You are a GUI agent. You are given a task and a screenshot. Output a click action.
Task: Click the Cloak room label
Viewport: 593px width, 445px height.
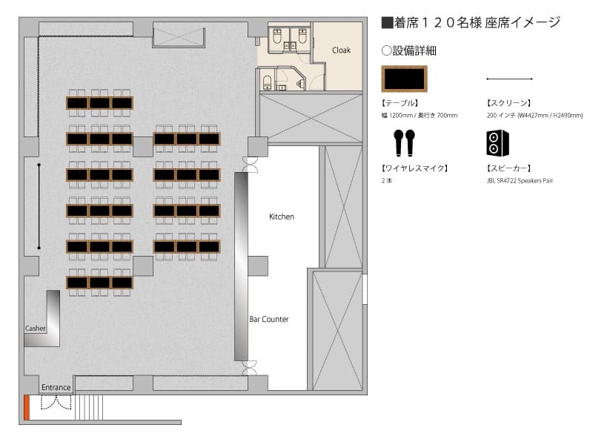click(x=341, y=50)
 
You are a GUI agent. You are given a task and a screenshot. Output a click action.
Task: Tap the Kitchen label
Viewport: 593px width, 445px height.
click(x=282, y=217)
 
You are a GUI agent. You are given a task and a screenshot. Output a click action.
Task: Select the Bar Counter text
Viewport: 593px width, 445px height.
click(x=269, y=319)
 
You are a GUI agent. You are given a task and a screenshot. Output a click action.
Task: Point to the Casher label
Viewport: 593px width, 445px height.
click(x=35, y=329)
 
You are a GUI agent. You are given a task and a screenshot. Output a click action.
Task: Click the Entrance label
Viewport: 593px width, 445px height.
click(x=56, y=387)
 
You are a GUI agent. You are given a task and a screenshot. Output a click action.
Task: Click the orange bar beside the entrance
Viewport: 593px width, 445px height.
click(x=27, y=407)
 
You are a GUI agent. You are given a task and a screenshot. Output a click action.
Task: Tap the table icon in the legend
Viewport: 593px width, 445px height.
click(x=404, y=79)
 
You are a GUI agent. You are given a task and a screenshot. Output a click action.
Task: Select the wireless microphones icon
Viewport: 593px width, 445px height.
click(x=404, y=142)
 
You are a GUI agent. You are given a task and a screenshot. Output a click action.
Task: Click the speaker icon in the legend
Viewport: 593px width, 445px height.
click(x=497, y=143)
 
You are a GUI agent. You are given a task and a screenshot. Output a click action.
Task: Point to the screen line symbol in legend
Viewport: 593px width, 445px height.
click(x=509, y=79)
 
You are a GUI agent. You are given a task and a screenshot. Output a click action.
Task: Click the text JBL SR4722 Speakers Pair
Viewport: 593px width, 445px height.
click(x=520, y=181)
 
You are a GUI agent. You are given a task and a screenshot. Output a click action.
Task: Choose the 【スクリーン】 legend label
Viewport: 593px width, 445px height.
click(x=508, y=103)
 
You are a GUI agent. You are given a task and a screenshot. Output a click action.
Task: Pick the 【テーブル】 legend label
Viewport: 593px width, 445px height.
click(x=400, y=103)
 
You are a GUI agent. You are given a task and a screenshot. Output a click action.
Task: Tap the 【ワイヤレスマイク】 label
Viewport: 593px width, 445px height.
click(x=415, y=168)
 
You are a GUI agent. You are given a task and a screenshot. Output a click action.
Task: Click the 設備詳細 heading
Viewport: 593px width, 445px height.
click(x=409, y=50)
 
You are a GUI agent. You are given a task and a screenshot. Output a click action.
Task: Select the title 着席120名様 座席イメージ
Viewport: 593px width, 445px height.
click(x=471, y=23)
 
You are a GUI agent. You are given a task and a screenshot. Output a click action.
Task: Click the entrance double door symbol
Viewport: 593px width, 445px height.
click(x=56, y=402)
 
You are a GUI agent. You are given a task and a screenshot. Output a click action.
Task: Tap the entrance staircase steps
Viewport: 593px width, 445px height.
click(x=89, y=407)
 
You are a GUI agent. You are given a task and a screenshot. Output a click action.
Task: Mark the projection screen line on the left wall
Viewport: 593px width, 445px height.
click(x=39, y=206)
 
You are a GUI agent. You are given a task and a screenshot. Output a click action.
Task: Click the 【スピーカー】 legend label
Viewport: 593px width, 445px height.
click(x=508, y=168)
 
